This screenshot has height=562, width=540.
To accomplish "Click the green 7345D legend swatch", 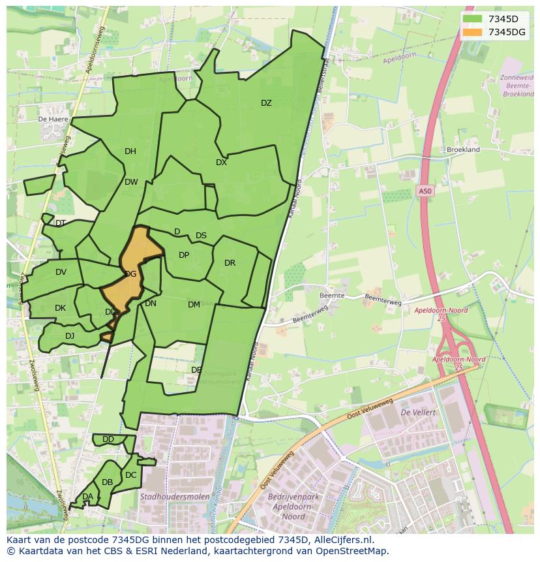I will coord(472,19).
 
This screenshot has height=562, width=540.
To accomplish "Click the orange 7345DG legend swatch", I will coord(472,32).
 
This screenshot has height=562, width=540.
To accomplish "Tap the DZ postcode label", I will coord(266,103).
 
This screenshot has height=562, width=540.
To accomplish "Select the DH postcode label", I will coord(130,151).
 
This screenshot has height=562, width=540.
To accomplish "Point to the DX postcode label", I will coord(222,163).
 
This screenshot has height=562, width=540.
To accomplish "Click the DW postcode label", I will coord(131,182).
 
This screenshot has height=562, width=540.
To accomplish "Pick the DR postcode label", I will coord(230,263).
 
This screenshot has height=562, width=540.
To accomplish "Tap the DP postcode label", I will coord(184,255).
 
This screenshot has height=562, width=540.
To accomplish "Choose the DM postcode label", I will coord(194,305).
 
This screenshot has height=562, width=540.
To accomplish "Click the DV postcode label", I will coord(61,272).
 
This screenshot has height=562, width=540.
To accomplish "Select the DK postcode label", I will coord(60,308).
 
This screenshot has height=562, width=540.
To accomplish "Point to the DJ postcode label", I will coord(70,336).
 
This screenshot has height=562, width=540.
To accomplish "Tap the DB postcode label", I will coord(107,482).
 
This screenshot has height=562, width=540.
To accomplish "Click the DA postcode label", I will coord(87,497).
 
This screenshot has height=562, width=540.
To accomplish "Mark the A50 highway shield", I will coord(425,191).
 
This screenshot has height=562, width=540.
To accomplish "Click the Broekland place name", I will coord(463,149).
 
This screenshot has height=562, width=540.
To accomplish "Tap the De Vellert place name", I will coord(417,413).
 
